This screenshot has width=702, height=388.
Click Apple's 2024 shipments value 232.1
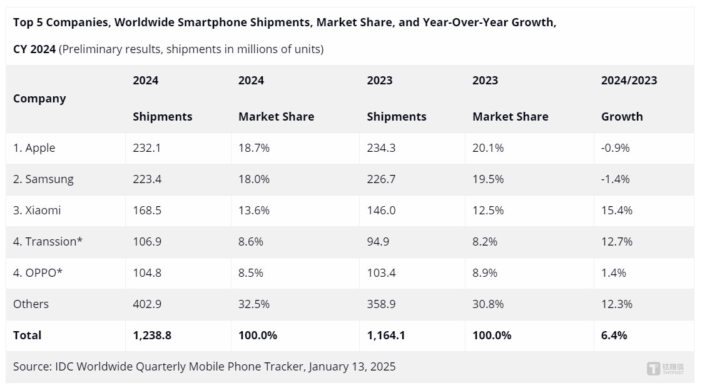pos(146,148)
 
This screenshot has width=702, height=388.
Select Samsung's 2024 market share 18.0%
pos(254,179)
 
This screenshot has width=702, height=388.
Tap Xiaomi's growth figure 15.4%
pos(617,211)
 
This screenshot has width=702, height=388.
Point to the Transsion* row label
pos(48,242)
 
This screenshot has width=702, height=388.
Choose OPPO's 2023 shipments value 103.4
pos(381,273)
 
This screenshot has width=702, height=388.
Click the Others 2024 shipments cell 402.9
pos(147,304)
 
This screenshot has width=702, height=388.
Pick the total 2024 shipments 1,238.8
pos(152,336)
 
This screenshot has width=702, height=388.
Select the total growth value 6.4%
pos(614,336)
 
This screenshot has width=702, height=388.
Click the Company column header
pos(39,99)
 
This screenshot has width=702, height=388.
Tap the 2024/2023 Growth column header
pos(629,98)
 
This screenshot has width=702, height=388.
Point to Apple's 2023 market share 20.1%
pos(488,148)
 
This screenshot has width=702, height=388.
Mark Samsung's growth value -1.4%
pos(616,179)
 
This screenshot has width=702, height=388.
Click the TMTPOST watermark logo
pos(665,368)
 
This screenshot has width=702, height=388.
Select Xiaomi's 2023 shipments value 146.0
pos(381,211)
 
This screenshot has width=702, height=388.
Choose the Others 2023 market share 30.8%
pos(488,304)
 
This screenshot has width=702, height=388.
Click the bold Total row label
pos(27,336)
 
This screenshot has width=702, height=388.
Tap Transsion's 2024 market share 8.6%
pos(251,242)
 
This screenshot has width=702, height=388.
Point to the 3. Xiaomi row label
pos(37,211)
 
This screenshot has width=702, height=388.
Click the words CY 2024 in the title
pos(34,49)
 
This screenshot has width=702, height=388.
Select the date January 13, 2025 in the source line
pos(352,367)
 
